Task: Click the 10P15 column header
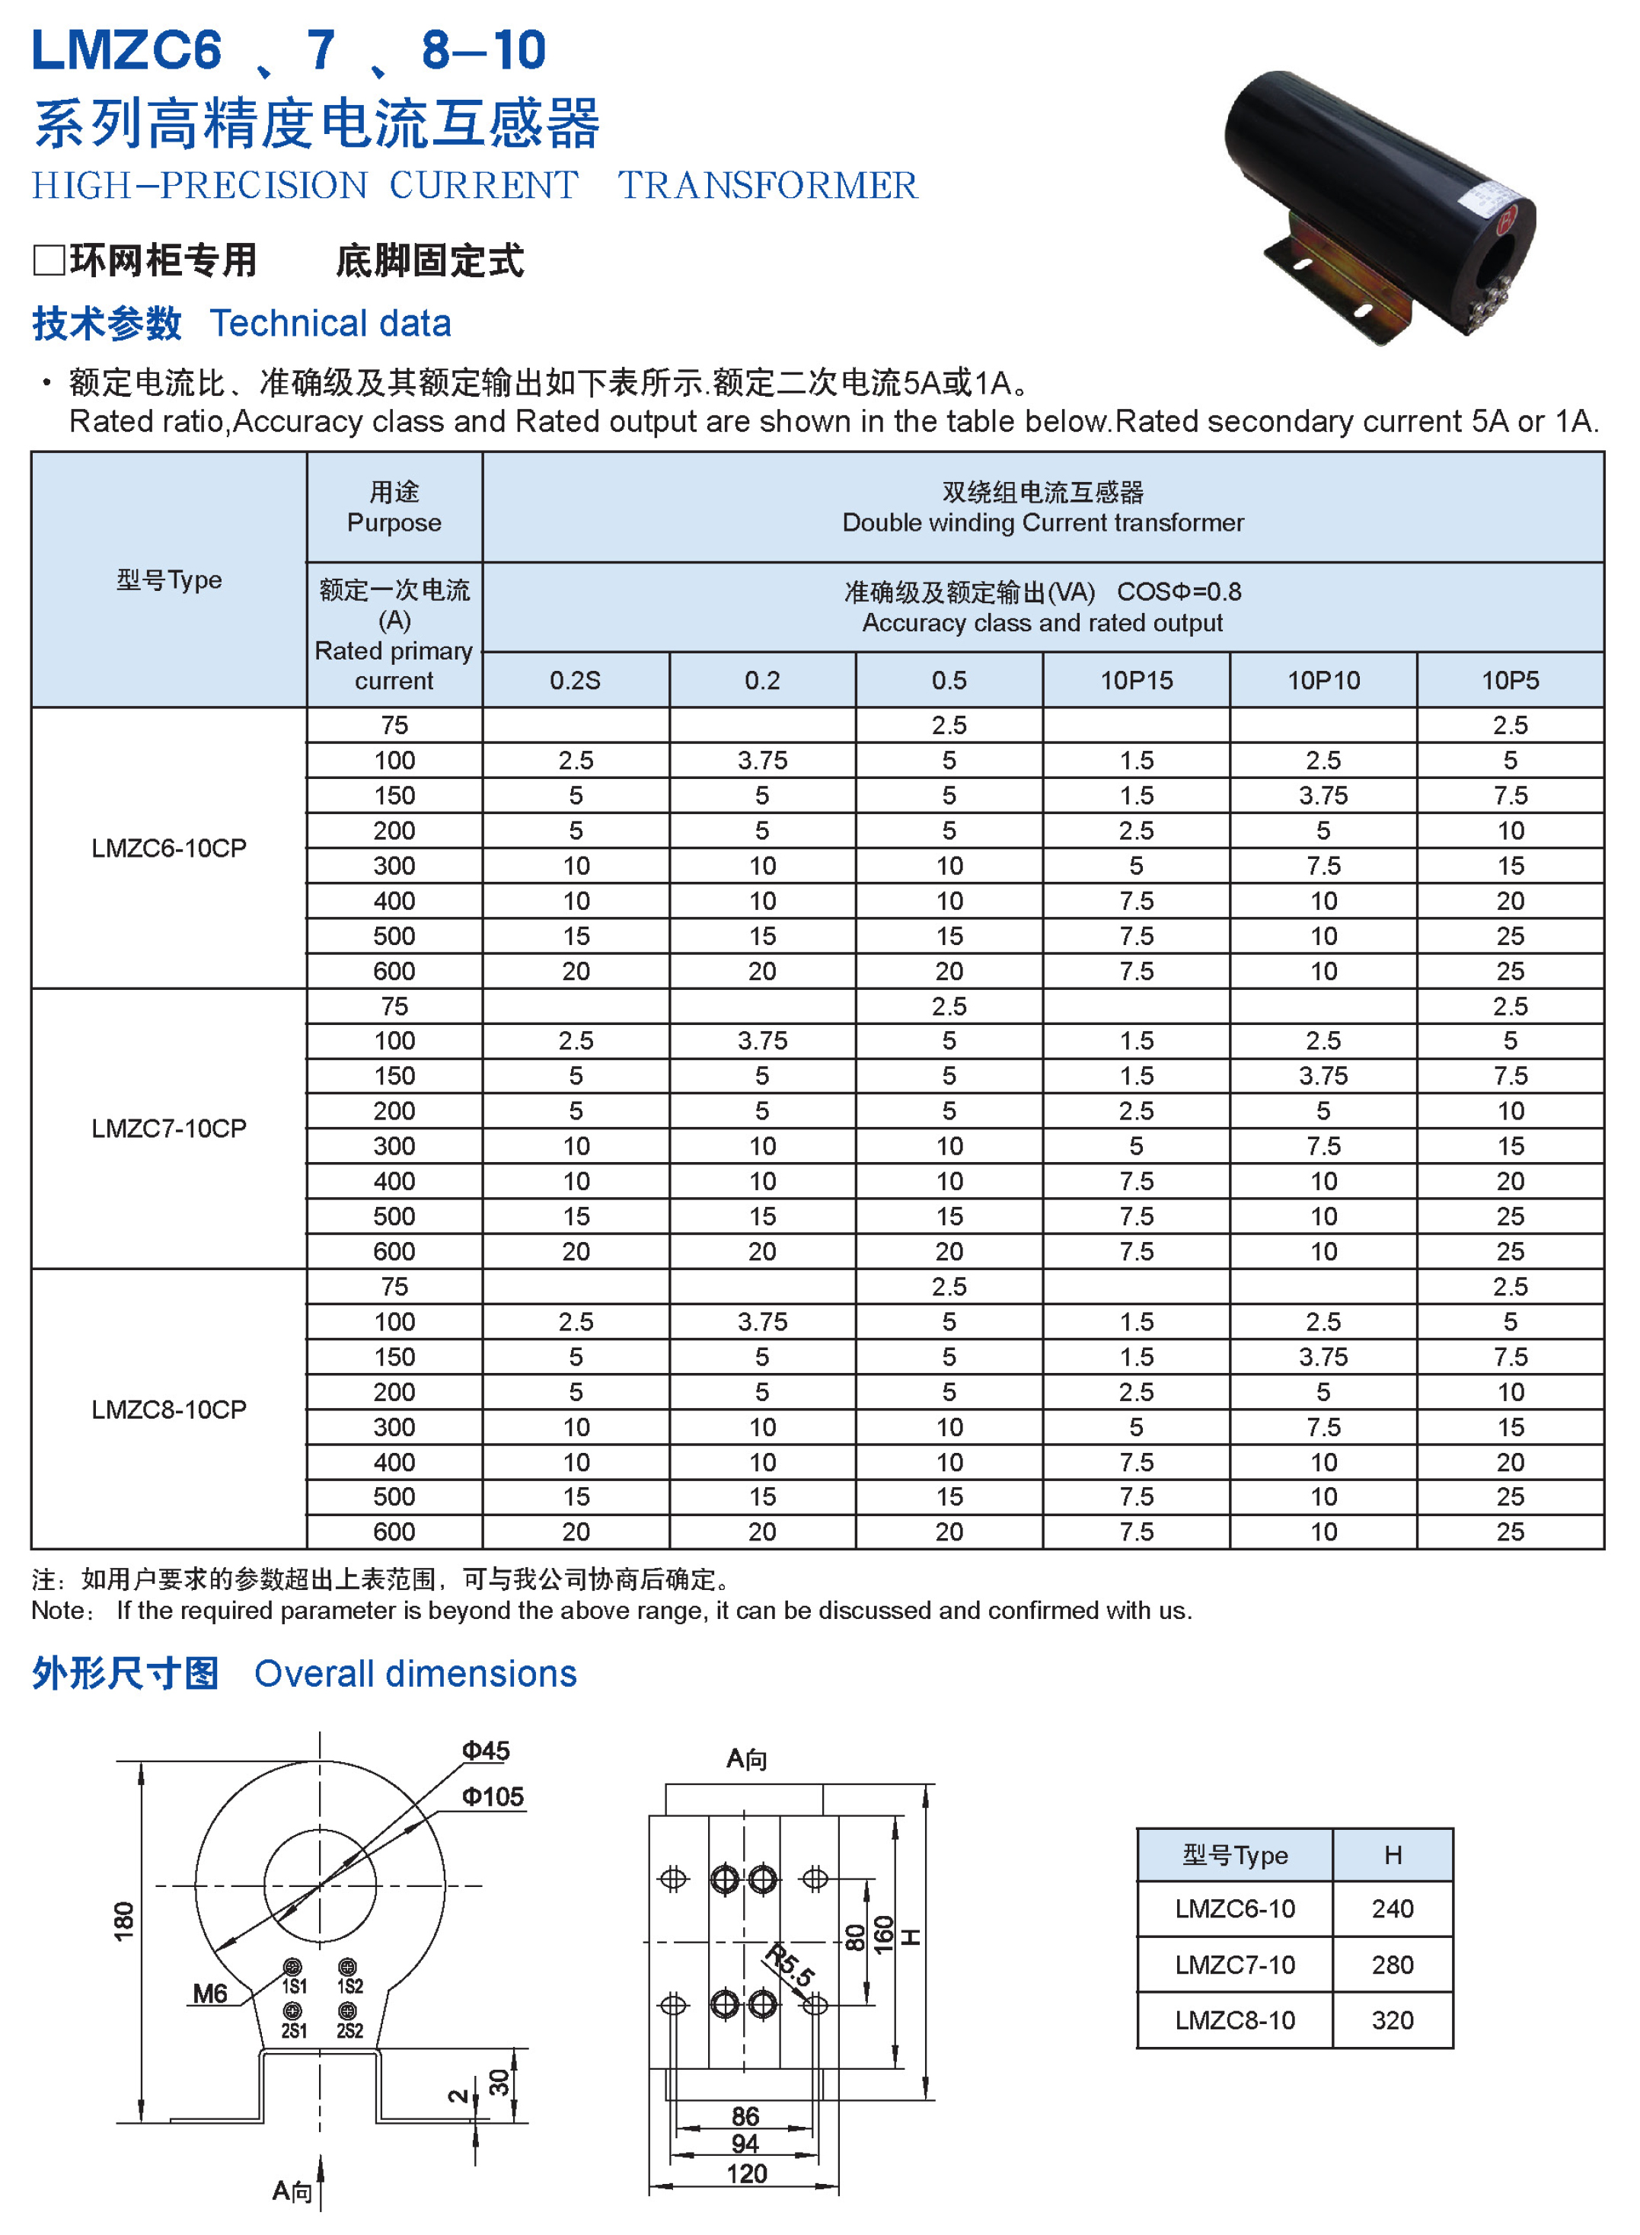1136,680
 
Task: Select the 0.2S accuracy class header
575,680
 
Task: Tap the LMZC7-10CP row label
169,1128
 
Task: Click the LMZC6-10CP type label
169,848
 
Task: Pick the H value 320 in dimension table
1392,2019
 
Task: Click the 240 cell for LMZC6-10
1392,1908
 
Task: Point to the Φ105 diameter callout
493,1796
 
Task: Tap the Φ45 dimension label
486,1751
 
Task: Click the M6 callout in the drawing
209,1993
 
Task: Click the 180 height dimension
124,1921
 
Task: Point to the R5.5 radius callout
790,1966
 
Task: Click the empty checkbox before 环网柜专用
49,260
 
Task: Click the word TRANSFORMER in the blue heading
767,186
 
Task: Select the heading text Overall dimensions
415,1674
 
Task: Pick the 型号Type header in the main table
169,580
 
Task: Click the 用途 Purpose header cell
394,507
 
